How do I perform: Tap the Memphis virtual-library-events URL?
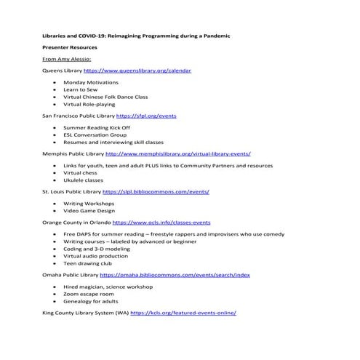point(178,154)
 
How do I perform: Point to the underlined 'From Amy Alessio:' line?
point(67,60)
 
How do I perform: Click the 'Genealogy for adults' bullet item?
point(91,300)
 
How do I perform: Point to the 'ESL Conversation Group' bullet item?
point(95,135)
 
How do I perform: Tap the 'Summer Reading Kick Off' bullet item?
point(96,127)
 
